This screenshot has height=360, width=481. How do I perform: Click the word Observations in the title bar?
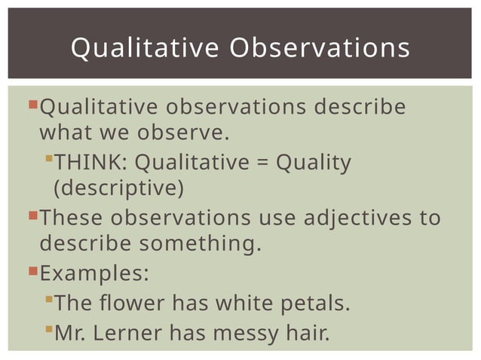(x=320, y=47)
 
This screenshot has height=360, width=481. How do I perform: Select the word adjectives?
(x=351, y=218)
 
